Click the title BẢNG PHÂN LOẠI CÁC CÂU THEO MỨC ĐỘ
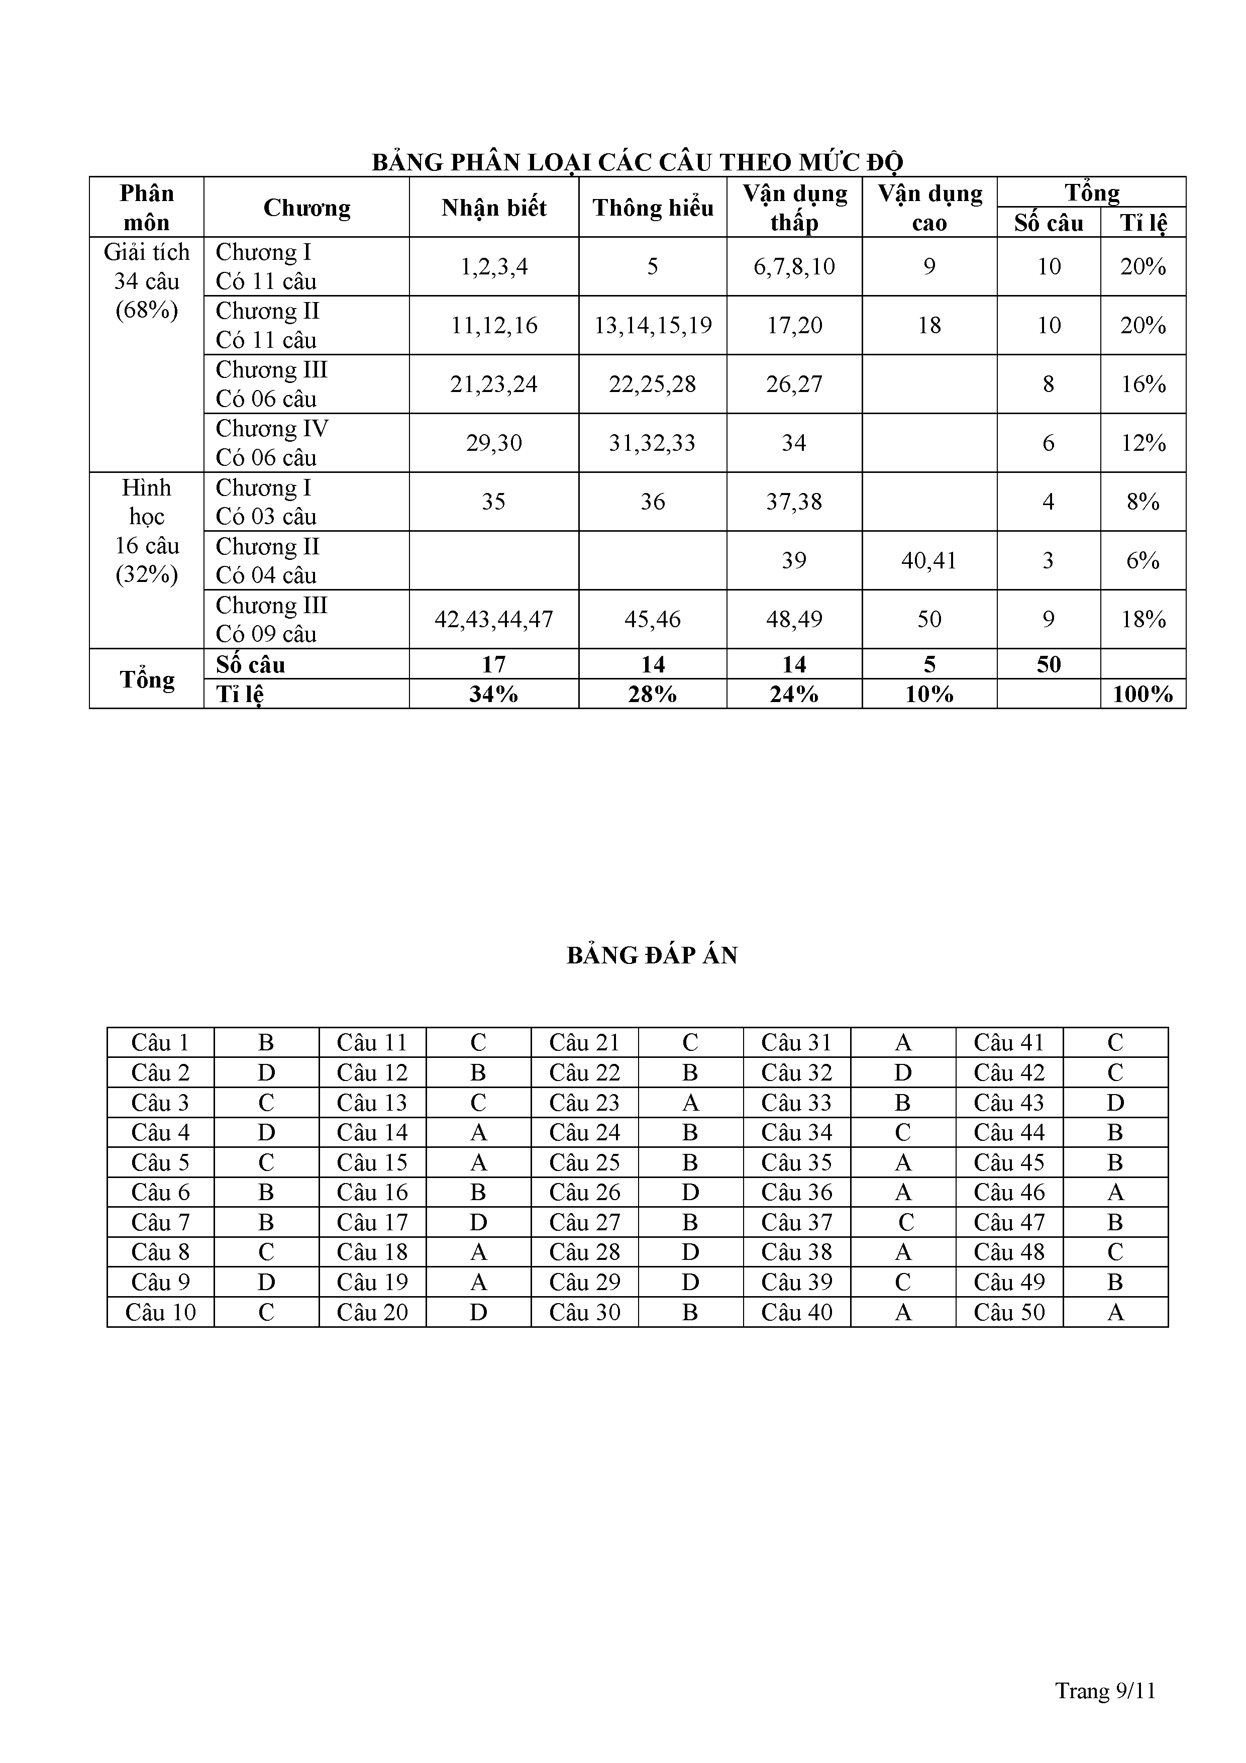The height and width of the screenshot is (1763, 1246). (637, 162)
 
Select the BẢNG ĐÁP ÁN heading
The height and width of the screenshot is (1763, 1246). (652, 955)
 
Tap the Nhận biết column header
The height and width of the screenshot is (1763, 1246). (494, 208)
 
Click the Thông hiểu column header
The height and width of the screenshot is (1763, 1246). (653, 208)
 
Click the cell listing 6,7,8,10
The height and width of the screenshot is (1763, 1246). (794, 266)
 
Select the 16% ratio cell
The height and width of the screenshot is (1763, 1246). (1143, 384)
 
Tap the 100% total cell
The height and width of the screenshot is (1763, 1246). (1143, 694)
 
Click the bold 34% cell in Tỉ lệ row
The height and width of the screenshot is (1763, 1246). (494, 694)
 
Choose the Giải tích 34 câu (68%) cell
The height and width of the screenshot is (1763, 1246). (147, 281)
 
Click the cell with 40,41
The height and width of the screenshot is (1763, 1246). (929, 560)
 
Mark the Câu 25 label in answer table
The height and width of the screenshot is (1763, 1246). (584, 1162)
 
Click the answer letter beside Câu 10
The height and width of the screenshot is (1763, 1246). (266, 1312)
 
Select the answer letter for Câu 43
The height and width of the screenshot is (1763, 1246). (1115, 1103)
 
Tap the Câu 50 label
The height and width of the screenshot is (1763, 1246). (1009, 1312)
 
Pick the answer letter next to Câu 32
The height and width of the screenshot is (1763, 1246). (903, 1072)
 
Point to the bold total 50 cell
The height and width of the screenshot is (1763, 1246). (1049, 664)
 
